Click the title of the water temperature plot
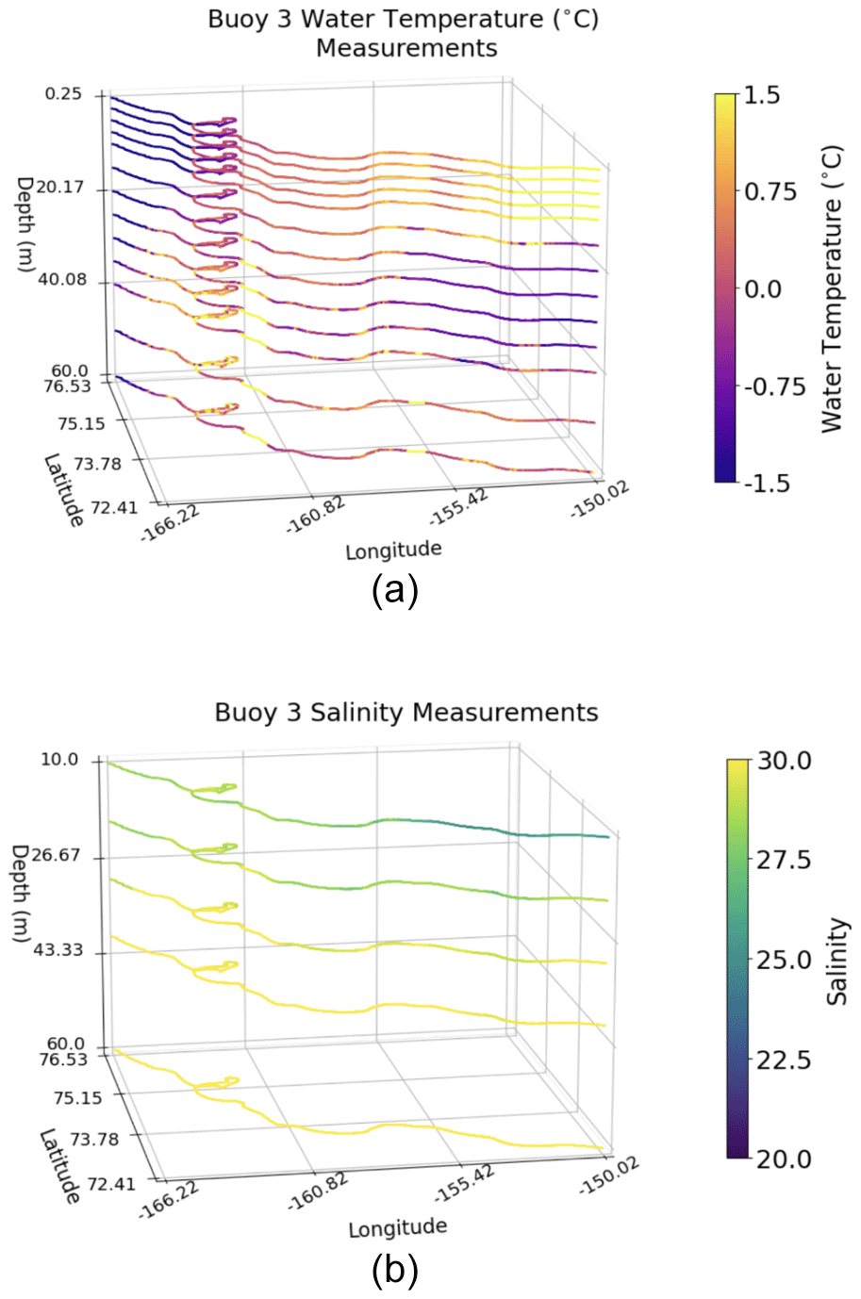pyautogui.click(x=405, y=33)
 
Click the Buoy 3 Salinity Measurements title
pyautogui.click(x=406, y=712)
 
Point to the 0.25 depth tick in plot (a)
pyautogui.click(x=62, y=94)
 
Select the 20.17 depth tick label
pyautogui.click(x=60, y=188)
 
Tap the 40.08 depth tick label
pyautogui.click(x=61, y=280)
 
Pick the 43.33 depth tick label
pyautogui.click(x=58, y=950)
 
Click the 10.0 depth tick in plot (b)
pyautogui.click(x=59, y=760)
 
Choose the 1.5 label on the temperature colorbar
pyautogui.click(x=762, y=95)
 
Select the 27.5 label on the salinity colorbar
pyautogui.click(x=784, y=860)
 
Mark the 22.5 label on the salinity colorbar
pyautogui.click(x=784, y=1060)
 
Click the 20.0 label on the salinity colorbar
pyautogui.click(x=784, y=1159)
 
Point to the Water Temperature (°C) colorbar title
pyautogui.click(x=831, y=288)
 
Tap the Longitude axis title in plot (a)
pyautogui.click(x=393, y=550)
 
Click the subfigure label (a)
pyautogui.click(x=394, y=591)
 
